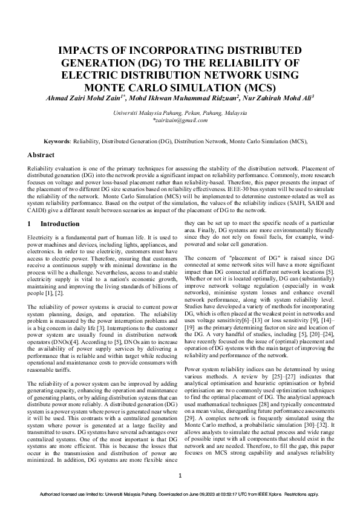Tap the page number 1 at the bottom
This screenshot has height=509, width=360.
click(180, 476)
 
